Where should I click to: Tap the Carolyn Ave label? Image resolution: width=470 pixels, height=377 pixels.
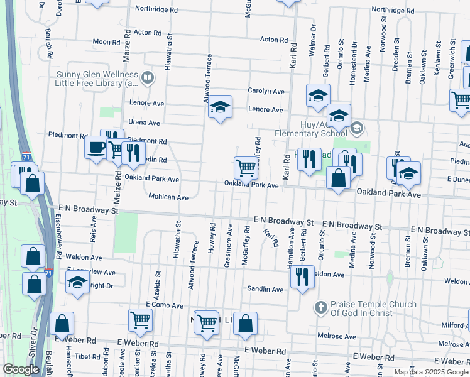266,91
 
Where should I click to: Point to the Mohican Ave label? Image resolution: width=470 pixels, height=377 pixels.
168,197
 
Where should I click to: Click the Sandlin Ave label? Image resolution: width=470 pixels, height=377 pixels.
266,289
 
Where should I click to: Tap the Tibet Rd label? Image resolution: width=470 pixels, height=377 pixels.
82,356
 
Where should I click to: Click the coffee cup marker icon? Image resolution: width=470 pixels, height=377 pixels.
96,148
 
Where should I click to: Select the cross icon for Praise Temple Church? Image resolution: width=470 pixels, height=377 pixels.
320,308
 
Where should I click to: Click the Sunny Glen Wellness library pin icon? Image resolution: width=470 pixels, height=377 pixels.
148,78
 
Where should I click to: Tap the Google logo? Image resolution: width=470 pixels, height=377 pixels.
21,369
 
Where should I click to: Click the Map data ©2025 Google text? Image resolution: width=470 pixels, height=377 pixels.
431,372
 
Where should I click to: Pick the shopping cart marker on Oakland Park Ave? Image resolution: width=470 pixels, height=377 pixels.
246,168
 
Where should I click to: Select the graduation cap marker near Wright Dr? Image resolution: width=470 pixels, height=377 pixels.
77,282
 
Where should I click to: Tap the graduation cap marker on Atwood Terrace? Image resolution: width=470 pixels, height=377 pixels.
220,107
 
